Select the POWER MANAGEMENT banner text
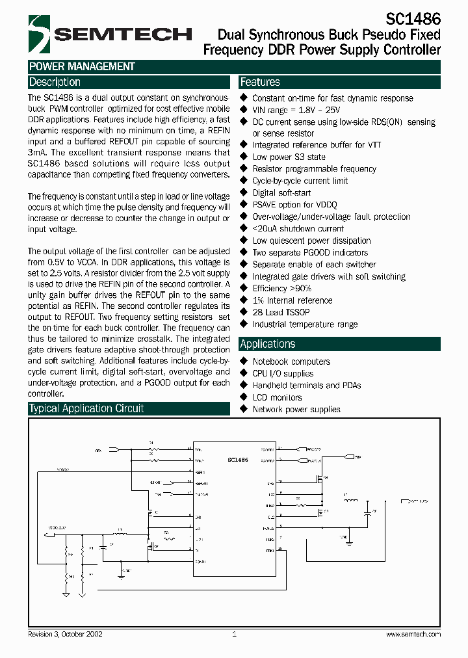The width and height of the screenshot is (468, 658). (x=82, y=66)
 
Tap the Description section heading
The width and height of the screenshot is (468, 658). (x=55, y=83)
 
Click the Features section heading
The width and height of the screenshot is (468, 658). (x=260, y=83)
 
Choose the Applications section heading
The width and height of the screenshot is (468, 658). (x=268, y=345)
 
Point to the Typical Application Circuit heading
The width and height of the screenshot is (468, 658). (x=86, y=409)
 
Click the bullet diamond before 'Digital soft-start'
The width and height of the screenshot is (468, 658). (x=244, y=193)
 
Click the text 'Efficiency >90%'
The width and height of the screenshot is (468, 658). (x=282, y=289)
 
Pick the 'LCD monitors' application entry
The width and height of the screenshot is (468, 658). (x=277, y=397)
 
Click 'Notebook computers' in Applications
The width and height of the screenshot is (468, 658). (x=291, y=362)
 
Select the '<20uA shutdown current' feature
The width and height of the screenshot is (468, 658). (x=298, y=229)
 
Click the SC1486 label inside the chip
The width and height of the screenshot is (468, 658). (x=237, y=460)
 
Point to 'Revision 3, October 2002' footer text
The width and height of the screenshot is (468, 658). (x=65, y=634)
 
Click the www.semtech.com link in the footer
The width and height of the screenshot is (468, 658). (x=413, y=634)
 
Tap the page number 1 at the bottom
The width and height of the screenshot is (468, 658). (x=234, y=634)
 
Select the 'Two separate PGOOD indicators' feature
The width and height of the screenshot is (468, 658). (x=310, y=253)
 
